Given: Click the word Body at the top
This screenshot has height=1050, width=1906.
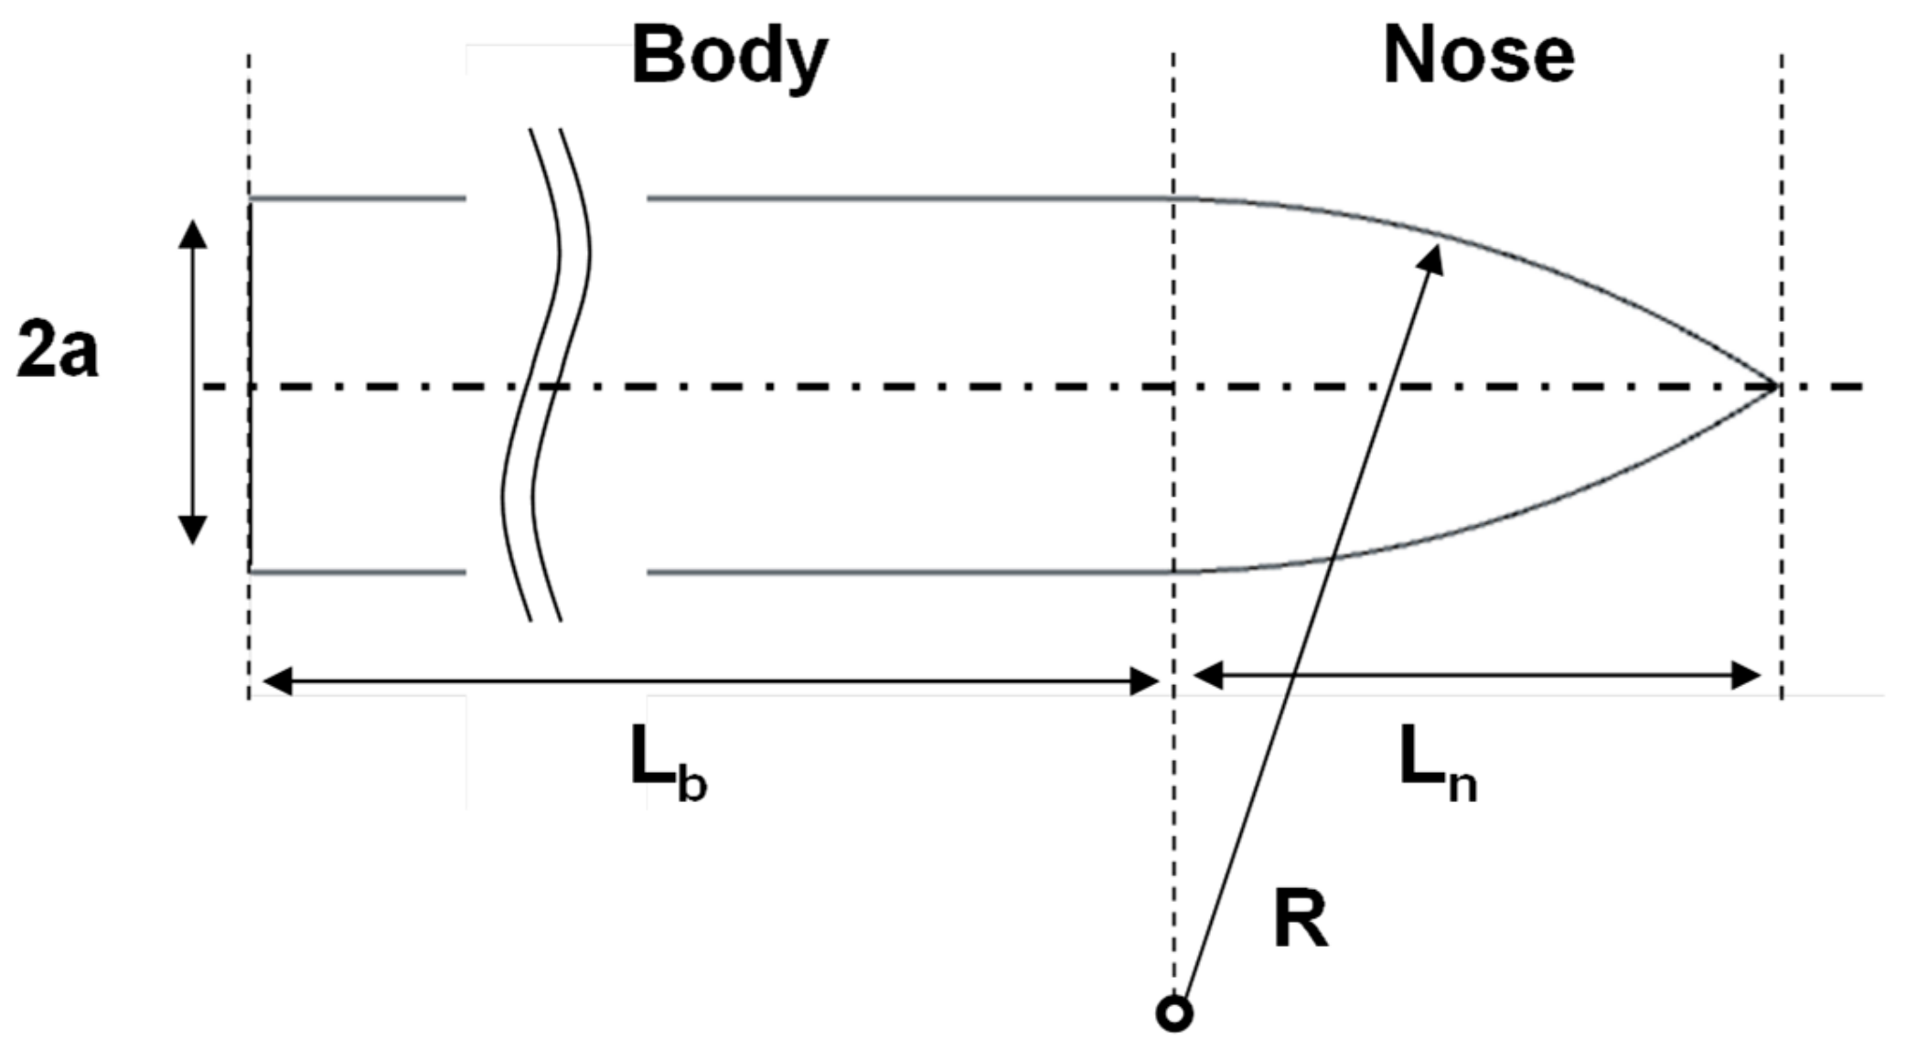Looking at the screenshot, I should (729, 57).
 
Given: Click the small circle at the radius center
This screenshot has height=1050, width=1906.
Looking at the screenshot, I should (1174, 1013).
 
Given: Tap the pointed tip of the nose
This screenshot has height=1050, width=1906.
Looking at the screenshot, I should (1774, 386).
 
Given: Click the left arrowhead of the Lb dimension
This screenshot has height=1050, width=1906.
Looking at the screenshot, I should (277, 680).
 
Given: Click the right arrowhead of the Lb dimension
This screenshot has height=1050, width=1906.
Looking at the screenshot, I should (1145, 680).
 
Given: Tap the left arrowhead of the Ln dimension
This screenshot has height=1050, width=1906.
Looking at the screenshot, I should (1208, 676).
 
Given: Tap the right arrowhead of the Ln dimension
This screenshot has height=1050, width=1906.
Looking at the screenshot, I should (1747, 676).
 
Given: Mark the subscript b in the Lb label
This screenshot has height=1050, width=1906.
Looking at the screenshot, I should (692, 785).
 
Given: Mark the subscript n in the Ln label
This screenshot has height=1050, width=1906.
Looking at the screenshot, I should (1462, 785).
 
